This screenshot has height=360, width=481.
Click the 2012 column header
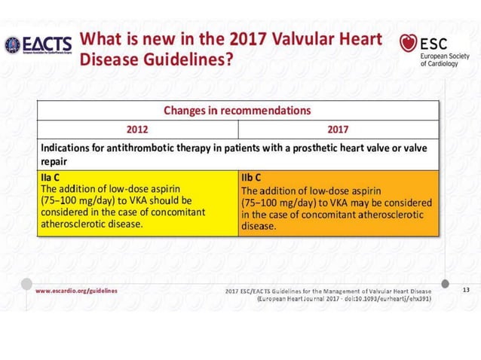137,127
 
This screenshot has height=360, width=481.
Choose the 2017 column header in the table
338,127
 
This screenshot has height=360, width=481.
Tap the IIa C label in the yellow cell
52,178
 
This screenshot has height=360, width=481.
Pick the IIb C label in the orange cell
253,178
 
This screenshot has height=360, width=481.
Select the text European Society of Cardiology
445,58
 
